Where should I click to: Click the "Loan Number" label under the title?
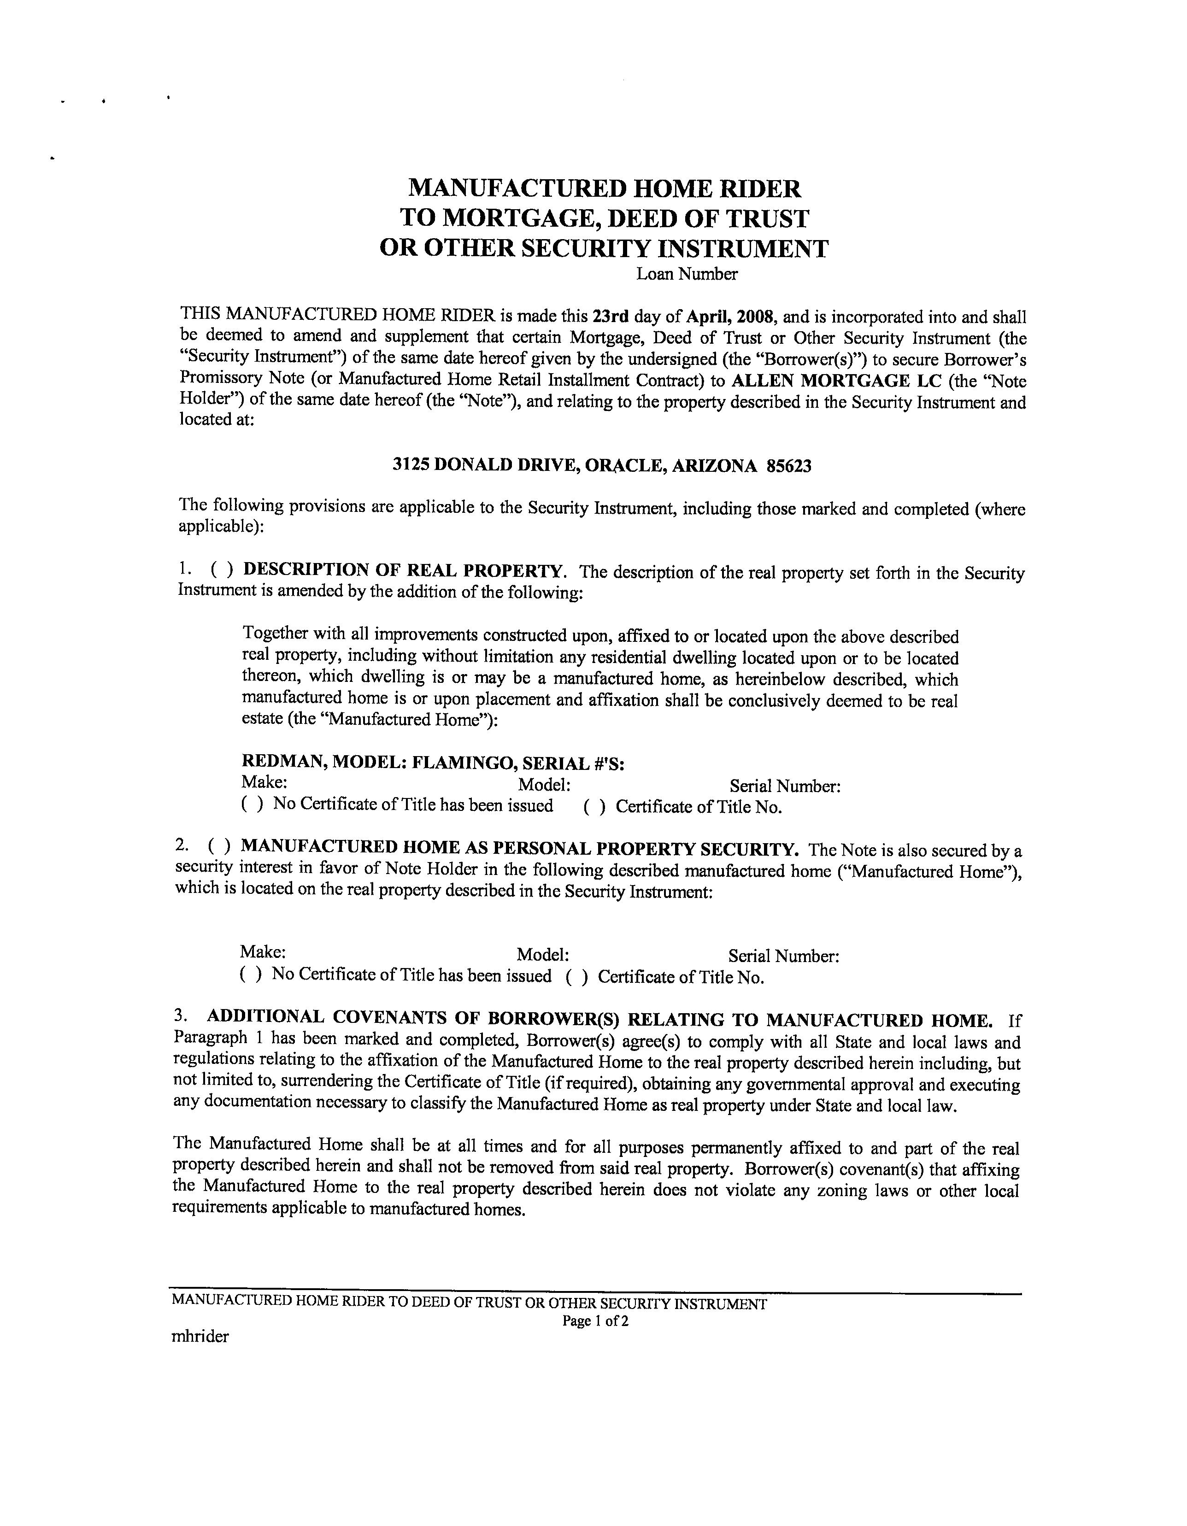[686, 274]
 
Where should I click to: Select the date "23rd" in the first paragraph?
[610, 317]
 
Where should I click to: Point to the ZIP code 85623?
[789, 466]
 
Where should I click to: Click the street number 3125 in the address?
[411, 465]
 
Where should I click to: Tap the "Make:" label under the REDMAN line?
[264, 782]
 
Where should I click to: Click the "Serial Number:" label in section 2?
[783, 956]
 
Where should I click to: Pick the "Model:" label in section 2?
[542, 955]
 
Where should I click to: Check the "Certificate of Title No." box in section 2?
[576, 977]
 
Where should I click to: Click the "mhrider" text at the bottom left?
[200, 1337]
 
